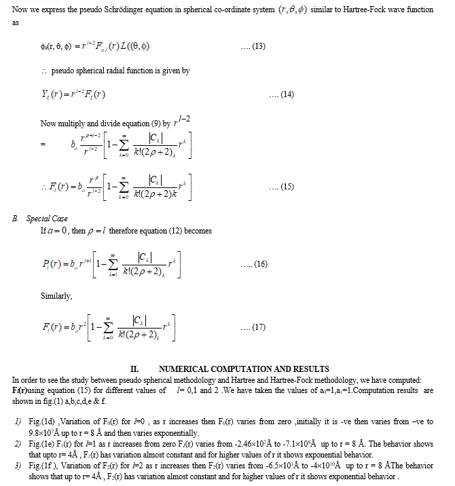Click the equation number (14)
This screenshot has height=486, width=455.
tap(281, 94)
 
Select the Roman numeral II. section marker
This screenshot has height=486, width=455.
tap(134, 369)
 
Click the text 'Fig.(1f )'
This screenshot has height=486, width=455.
tap(43, 467)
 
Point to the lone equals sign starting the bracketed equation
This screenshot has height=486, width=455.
tap(43, 145)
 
